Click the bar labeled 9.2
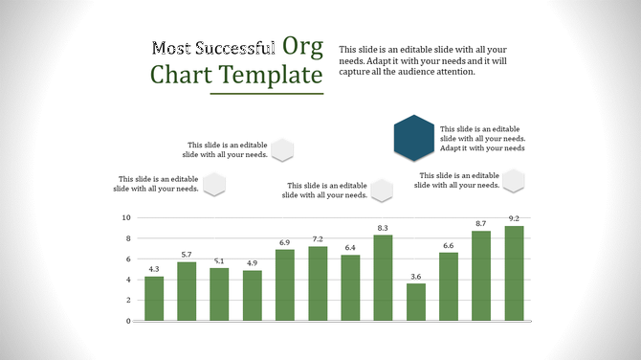point(514,274)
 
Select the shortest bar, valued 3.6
point(415,303)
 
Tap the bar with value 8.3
point(383,278)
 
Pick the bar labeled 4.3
point(154,299)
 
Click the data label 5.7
point(187,255)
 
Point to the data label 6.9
point(284,242)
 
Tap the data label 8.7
point(481,223)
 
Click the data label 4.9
point(252,263)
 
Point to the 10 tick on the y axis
point(125,217)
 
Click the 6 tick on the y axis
point(127,259)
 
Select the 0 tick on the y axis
point(127,321)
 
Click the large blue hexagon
point(414,136)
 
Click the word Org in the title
point(302,46)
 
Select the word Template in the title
point(271,75)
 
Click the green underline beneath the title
point(267,94)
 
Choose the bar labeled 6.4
point(350,287)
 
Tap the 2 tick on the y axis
point(127,301)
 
